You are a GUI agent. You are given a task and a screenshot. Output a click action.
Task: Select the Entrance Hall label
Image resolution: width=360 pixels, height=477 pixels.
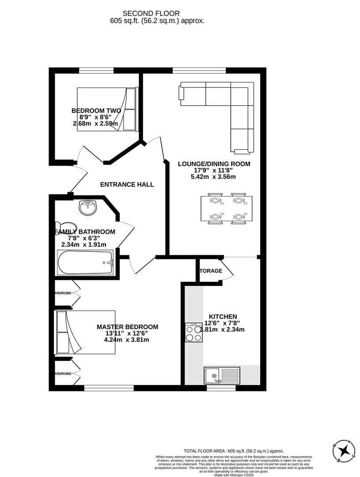127,185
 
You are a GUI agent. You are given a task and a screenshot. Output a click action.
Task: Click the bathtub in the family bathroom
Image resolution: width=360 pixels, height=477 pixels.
86,262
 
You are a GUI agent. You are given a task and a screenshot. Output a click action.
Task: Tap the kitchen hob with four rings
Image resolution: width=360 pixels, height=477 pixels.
194,333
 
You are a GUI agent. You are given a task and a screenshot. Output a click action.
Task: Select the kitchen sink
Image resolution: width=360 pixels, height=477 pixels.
221,375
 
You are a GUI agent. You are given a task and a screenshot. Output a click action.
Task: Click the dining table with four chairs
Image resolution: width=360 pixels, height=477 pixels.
227,208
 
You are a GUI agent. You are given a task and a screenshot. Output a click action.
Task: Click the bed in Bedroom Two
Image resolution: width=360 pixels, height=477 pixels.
108,109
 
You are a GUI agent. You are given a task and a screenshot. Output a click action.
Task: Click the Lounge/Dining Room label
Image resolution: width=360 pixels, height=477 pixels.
214,164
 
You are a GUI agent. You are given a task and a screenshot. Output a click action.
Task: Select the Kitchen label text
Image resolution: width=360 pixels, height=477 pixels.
223,317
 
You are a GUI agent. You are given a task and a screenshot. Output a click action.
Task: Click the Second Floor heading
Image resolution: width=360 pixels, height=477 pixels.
157,14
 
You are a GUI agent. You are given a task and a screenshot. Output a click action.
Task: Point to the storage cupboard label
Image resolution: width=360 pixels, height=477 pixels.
211,271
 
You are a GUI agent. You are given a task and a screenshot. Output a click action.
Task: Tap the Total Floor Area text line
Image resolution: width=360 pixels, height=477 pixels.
233,451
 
